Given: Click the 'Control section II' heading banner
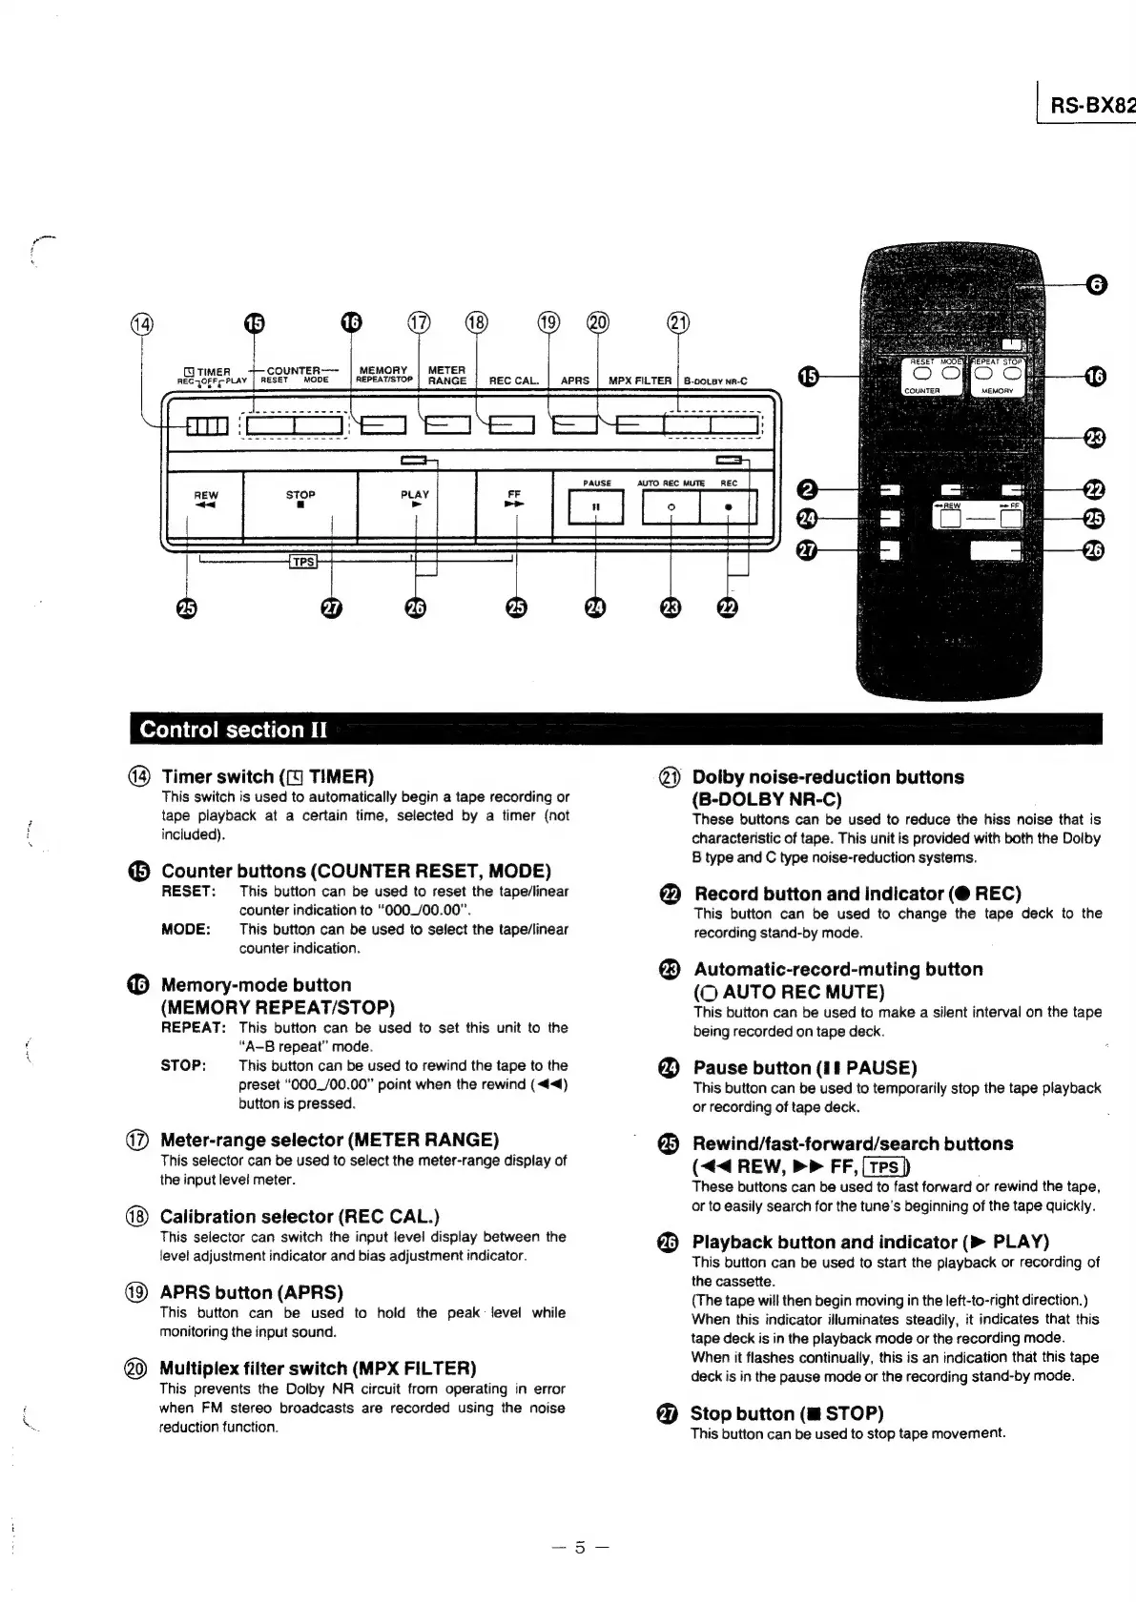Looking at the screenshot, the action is tap(234, 730).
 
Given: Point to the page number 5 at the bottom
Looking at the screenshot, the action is tap(579, 1547).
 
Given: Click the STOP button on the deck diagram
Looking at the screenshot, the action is tap(300, 506).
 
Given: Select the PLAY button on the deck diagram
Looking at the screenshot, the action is tap(415, 506).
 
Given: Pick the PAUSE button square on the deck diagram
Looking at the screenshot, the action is tap(595, 506).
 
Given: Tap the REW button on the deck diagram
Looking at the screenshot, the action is tap(205, 506).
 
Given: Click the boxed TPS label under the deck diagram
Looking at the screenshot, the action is tap(303, 562).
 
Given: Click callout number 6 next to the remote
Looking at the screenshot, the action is tap(1096, 284).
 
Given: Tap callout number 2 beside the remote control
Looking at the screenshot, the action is tap(807, 490).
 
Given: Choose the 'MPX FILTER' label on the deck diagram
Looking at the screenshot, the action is tap(640, 381).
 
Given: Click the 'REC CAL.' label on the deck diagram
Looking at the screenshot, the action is tap(513, 381).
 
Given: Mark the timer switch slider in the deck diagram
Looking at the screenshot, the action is tap(207, 426).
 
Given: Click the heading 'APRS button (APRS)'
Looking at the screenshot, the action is tap(251, 1292).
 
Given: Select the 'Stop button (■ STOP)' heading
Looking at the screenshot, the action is tap(786, 1413).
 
